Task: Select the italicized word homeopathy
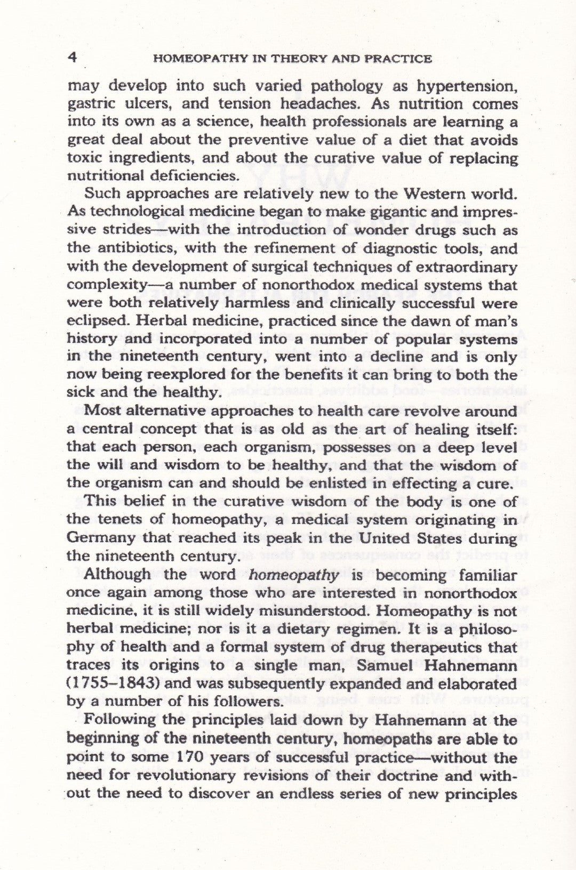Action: [294, 575]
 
